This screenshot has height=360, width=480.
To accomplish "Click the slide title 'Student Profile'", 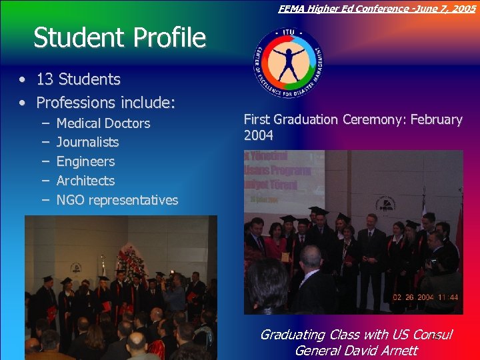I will tap(120, 38).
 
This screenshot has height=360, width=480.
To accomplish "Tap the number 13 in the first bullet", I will tap(45, 79).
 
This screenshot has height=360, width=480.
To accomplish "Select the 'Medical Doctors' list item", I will tap(103, 123).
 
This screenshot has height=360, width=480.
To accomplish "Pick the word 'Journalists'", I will tap(87, 142).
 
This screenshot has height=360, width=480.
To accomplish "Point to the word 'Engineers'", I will tap(85, 161).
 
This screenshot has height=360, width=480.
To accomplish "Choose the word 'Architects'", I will tap(85, 181).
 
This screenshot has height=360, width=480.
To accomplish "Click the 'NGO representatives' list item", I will tap(117, 200).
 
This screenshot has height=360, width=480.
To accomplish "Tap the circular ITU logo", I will tap(288, 63).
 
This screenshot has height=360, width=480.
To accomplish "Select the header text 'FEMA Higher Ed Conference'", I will tap(333, 9).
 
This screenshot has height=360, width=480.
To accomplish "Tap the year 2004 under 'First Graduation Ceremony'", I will tap(258, 136).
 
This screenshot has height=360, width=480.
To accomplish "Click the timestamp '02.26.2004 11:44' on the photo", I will tap(425, 297).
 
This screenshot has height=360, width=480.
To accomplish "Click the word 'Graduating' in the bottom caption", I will tap(292, 335).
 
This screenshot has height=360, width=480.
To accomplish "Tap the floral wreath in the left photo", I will tap(129, 257).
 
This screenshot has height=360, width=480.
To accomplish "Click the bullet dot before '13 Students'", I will tap(23, 80).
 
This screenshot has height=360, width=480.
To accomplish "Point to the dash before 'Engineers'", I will tap(43, 161).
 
